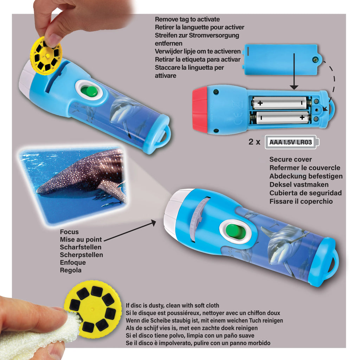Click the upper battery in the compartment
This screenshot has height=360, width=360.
coord(279,103)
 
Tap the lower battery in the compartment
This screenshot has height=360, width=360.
coord(279,117)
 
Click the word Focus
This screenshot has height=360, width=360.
coord(69,232)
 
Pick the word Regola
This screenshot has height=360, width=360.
coord(71,270)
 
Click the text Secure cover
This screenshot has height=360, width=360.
coord(290,160)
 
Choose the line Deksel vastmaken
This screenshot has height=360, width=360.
coord(299,185)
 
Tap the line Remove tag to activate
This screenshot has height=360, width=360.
coord(187,19)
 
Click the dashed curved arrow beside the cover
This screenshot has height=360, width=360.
coord(332,84)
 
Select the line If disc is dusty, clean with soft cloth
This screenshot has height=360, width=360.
coord(172,306)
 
